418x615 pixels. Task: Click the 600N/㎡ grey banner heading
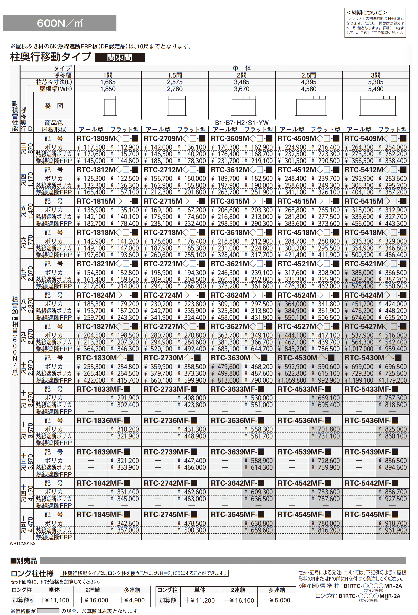60,23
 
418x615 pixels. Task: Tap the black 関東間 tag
120,57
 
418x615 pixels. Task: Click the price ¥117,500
91,147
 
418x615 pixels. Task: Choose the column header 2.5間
308,75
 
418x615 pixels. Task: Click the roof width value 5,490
375,89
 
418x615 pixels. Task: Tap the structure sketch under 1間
110,105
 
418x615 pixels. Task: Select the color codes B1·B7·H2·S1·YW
241,123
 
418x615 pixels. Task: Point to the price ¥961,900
392,530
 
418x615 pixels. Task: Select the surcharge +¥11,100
54,600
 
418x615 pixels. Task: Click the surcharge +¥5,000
277,600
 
